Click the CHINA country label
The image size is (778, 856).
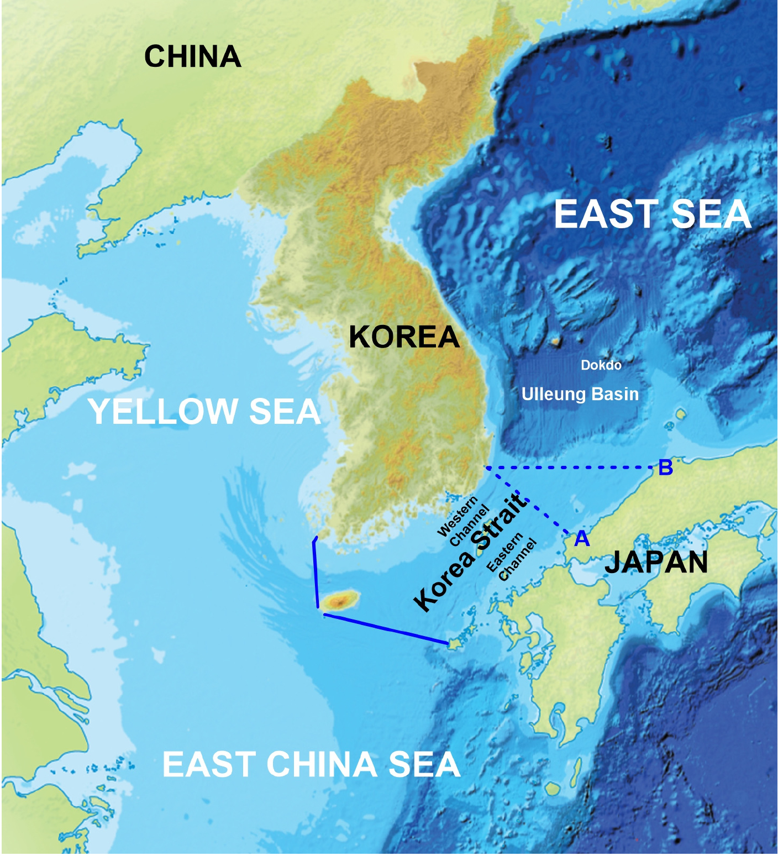192,56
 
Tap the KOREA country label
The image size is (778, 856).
404,337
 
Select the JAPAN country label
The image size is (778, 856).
656,562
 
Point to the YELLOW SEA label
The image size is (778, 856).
204,412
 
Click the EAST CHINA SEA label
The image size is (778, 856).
311,764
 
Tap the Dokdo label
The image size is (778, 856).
601,365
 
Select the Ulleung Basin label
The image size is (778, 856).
580,394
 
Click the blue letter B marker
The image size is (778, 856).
665,468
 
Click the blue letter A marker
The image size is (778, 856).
582,538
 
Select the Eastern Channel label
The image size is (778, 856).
512,556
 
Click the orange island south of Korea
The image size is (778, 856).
341,600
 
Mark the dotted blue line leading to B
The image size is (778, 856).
575,468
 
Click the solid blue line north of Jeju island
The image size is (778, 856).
315,572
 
